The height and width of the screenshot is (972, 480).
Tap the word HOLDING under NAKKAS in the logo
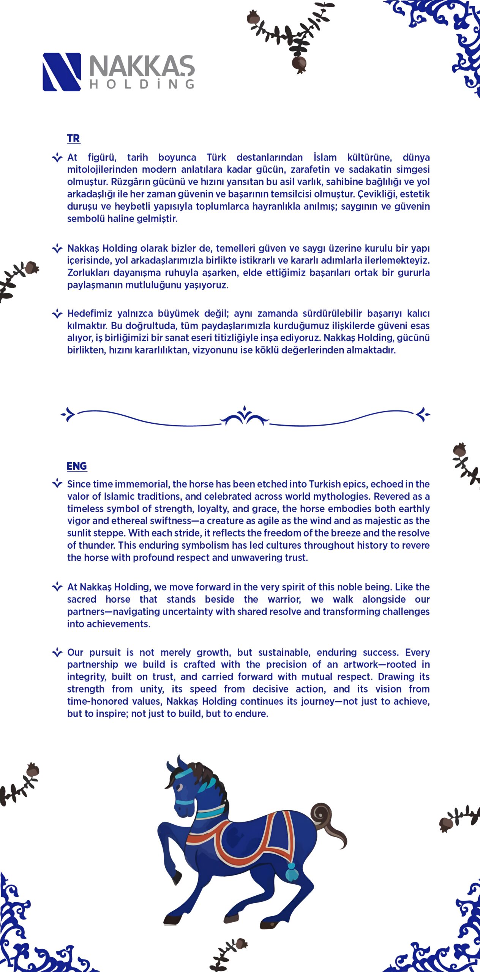click(142, 84)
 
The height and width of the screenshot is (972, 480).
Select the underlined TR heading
click(73, 138)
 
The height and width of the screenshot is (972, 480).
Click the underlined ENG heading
click(76, 466)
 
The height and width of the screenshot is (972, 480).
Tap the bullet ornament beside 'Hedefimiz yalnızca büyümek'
click(57, 314)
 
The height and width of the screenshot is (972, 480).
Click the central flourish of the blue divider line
click(245, 416)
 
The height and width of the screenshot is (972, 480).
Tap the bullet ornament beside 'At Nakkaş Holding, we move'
click(57, 587)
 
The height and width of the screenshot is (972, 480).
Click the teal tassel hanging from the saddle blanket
click(292, 872)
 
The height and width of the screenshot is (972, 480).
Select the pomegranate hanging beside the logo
click(299, 64)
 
